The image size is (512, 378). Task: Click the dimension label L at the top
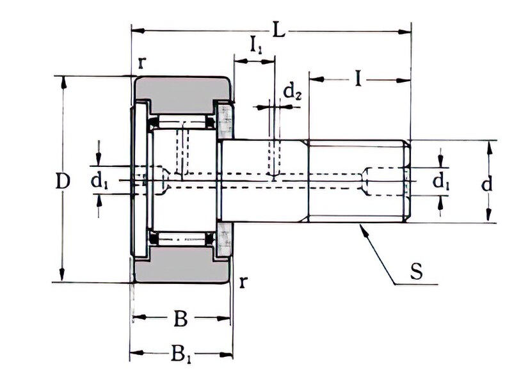(278, 29)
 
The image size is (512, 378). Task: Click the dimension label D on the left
(62, 182)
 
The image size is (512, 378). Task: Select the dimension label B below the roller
(181, 318)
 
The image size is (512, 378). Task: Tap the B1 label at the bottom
(181, 353)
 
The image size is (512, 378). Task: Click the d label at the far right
(487, 184)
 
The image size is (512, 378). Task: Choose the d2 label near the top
(292, 93)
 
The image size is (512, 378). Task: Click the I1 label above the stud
(255, 45)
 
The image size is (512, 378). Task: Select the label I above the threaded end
(359, 79)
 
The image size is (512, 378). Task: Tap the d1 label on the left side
(99, 182)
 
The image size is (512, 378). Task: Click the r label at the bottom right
(243, 282)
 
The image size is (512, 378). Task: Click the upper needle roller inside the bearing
(182, 122)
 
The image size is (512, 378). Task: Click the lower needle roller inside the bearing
(182, 239)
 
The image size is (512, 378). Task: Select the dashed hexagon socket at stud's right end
(387, 181)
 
